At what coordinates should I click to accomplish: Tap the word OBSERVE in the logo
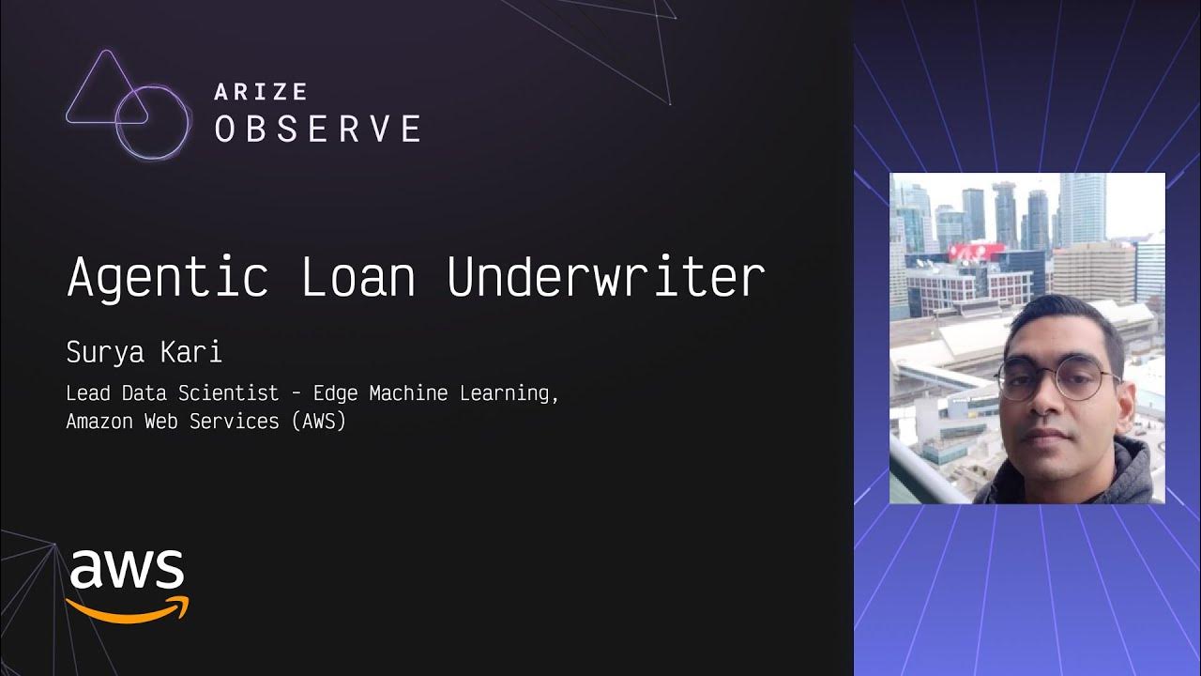click(318, 129)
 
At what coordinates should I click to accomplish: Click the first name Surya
click(103, 353)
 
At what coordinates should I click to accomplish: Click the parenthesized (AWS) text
click(318, 422)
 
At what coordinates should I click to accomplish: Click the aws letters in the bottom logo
click(127, 568)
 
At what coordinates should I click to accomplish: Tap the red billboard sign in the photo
click(975, 252)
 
